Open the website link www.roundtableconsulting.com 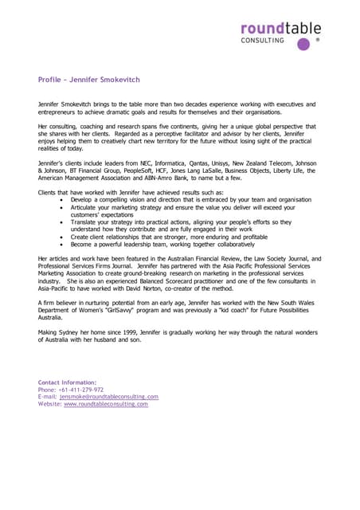click(x=106, y=404)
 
